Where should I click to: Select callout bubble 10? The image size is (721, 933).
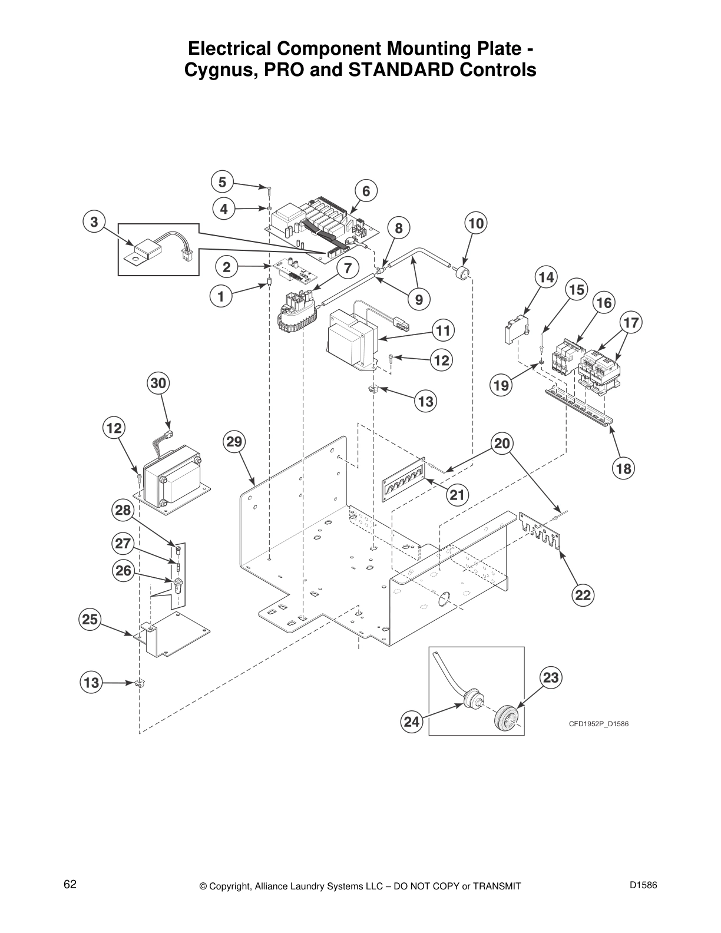[477, 223]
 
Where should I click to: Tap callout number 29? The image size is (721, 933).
[235, 441]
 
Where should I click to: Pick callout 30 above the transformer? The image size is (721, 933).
[157, 383]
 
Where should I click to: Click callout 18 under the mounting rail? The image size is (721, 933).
[624, 469]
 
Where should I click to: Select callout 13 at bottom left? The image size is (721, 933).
[91, 683]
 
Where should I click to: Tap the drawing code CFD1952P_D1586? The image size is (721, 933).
[598, 723]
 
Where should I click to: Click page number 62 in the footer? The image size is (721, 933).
[70, 885]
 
